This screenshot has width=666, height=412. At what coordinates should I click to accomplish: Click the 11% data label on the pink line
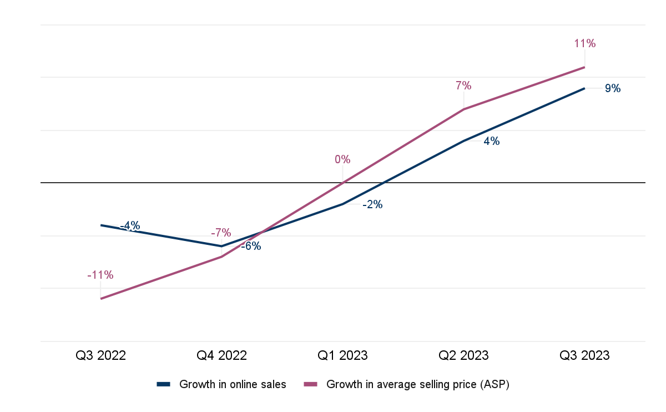584,43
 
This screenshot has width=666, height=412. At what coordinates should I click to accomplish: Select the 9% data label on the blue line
612,88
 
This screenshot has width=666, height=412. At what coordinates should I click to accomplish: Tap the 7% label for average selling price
463,86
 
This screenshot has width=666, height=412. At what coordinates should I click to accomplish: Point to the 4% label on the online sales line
491,141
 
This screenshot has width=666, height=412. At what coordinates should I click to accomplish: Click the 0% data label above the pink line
342,159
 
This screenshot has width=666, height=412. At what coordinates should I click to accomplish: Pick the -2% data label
372,204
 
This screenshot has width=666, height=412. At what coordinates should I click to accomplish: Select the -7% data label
221,233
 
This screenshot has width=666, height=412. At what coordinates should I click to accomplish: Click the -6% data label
251,246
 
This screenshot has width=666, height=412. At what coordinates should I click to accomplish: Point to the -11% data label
100,275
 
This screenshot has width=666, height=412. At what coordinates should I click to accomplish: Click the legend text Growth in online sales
233,384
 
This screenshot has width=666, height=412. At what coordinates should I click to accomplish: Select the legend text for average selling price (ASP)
417,384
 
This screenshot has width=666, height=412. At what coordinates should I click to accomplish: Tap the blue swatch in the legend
164,384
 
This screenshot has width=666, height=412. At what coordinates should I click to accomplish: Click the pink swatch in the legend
311,384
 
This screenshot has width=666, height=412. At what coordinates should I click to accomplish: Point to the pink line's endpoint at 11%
584,67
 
